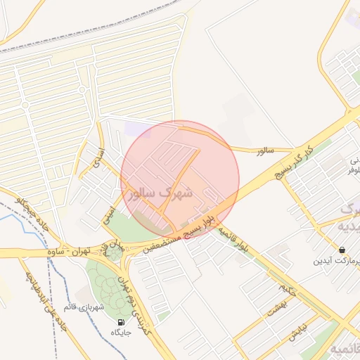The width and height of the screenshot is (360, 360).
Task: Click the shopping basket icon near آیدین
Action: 342,250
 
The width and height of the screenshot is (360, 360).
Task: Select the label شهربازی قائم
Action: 84,307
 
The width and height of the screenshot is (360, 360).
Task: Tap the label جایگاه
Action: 124,333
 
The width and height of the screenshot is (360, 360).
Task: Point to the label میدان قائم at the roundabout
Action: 112,248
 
